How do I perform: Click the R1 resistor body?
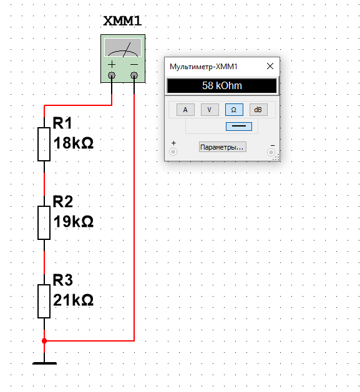(44, 144)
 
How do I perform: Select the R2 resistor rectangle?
(44, 222)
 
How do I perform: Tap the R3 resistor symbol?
(44, 301)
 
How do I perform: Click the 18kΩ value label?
(74, 143)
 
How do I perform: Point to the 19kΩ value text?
(74, 221)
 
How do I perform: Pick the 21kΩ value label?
(74, 300)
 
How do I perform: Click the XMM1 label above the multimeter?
(122, 21)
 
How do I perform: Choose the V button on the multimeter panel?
(210, 110)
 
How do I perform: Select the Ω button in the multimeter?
(234, 110)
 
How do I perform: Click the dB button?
(258, 110)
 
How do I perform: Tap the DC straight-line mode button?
(238, 127)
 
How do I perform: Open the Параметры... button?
(222, 147)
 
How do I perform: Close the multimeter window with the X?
(270, 66)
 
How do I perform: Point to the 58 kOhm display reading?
(222, 85)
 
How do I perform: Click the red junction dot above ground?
(44, 341)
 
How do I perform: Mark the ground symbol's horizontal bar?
(44, 363)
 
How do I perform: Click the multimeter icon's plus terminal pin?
(112, 75)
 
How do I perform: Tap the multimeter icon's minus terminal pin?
(134, 75)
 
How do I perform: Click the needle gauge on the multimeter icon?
(123, 47)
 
